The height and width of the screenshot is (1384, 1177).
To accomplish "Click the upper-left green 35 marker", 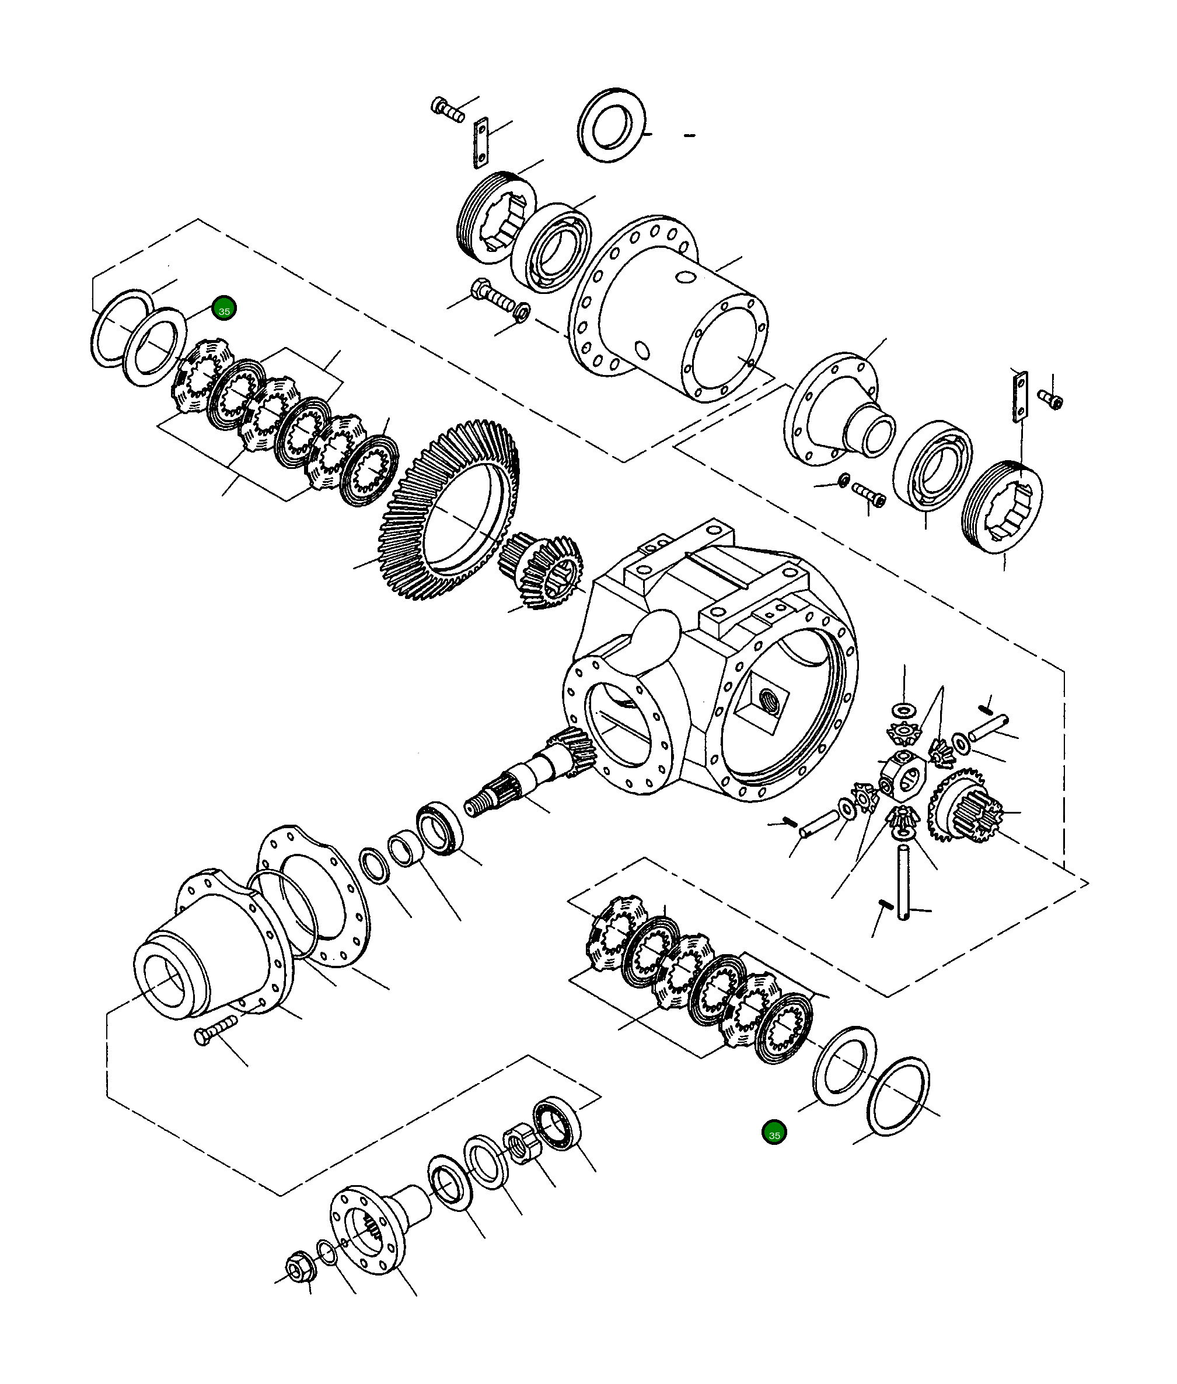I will click(x=223, y=309).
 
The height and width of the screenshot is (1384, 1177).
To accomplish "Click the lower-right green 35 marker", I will click(x=774, y=1133).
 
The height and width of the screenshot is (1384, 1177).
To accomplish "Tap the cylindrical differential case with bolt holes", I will click(x=667, y=313).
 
